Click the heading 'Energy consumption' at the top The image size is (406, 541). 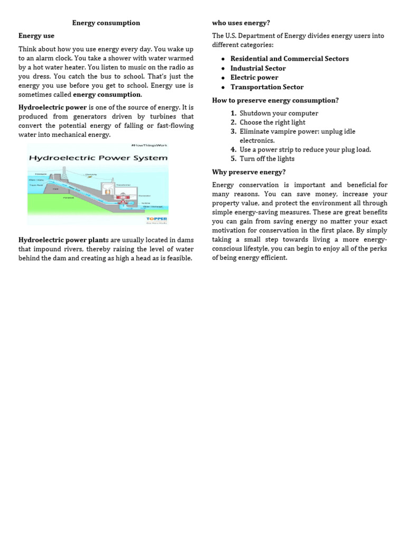click(106, 23)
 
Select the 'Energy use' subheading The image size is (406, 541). click(36, 36)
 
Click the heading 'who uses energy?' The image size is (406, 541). click(241, 23)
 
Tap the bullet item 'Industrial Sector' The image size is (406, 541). click(257, 68)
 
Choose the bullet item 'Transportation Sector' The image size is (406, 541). click(266, 87)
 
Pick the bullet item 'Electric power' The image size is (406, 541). click(254, 78)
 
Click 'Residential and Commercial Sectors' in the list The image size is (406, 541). click(289, 59)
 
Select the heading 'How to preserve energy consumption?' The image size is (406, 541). click(275, 100)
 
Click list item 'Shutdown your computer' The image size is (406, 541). click(279, 113)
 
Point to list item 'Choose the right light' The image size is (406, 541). click(272, 123)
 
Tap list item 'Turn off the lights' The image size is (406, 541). click(267, 158)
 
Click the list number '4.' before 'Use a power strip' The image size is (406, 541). click(233, 150)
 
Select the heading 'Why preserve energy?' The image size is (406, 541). click(248, 172)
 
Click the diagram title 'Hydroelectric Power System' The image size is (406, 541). click(98, 157)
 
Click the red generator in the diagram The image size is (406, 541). click(126, 197)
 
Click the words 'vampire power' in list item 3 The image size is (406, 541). click(290, 132)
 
